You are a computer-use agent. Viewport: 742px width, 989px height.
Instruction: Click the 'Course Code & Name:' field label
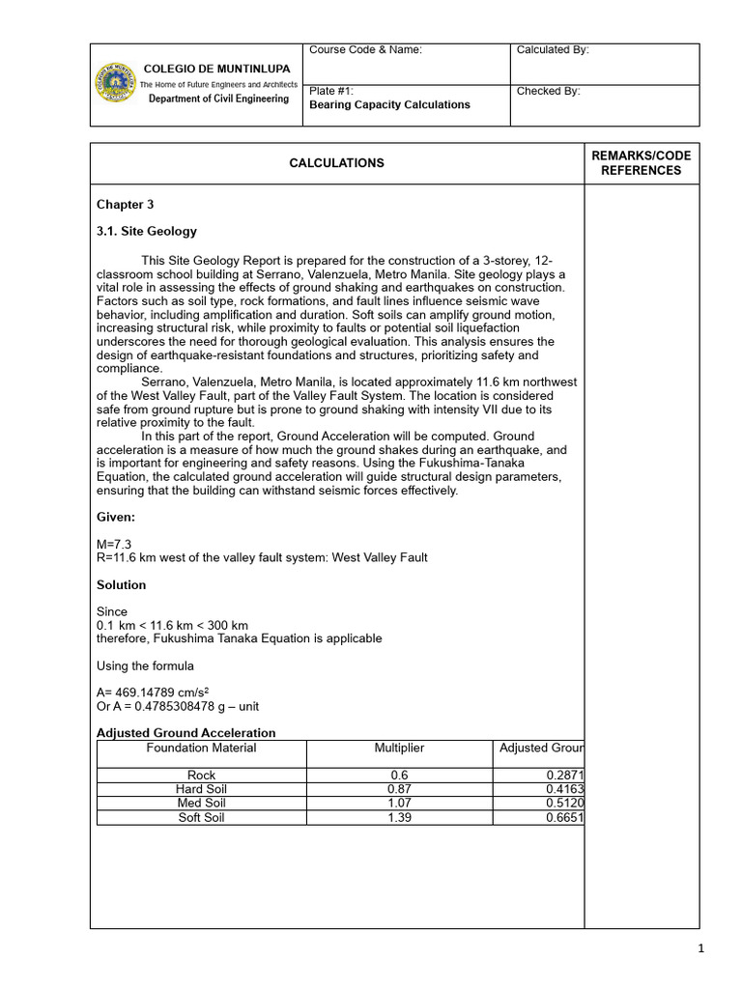(365, 50)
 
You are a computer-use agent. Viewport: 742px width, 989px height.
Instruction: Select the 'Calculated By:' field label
(553, 50)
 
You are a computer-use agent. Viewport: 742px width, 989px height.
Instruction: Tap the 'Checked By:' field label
(548, 92)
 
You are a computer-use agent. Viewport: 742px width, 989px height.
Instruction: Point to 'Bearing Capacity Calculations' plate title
(389, 105)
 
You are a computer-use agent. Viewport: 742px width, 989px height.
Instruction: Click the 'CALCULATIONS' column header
(336, 163)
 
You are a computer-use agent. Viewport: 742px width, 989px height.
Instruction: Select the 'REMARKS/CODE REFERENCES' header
(641, 163)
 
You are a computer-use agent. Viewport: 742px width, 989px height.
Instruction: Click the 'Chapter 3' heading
(125, 205)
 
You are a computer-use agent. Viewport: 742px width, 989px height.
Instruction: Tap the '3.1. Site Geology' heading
(146, 232)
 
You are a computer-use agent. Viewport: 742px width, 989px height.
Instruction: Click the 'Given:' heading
(116, 518)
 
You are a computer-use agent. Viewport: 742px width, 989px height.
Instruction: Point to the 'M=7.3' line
(115, 545)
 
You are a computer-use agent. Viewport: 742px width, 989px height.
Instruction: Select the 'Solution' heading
(122, 585)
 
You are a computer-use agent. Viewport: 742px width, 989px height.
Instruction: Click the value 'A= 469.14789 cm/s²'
(154, 692)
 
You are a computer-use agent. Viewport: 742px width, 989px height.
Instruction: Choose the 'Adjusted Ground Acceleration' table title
(185, 733)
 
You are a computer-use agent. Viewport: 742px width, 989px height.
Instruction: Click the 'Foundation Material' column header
(201, 749)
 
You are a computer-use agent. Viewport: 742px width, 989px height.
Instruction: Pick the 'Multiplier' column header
(399, 749)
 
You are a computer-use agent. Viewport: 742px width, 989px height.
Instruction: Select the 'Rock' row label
(201, 776)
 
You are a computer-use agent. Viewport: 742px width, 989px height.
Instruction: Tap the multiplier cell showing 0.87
(399, 789)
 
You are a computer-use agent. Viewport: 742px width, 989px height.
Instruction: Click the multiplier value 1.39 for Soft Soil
(399, 818)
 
